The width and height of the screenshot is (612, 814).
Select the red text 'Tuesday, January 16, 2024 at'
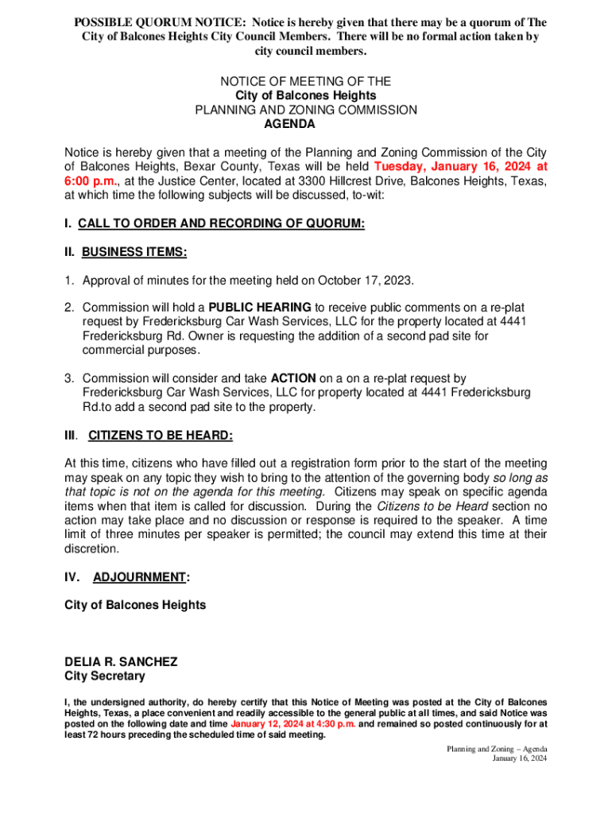tap(460, 167)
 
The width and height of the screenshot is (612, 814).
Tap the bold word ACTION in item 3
tap(293, 378)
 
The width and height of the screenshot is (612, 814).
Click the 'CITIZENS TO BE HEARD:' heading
tap(161, 436)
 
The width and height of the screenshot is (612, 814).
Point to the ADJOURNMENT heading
tap(141, 578)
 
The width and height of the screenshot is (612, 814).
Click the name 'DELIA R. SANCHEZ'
tap(121, 662)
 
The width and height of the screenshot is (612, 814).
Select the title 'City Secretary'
tap(105, 676)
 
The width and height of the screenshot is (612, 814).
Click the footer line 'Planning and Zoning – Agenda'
tap(496, 750)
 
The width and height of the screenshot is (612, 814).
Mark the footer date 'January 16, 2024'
tap(519, 759)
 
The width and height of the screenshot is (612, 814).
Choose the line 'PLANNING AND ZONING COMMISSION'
tap(306, 110)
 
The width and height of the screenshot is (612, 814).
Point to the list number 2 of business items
tap(69, 308)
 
